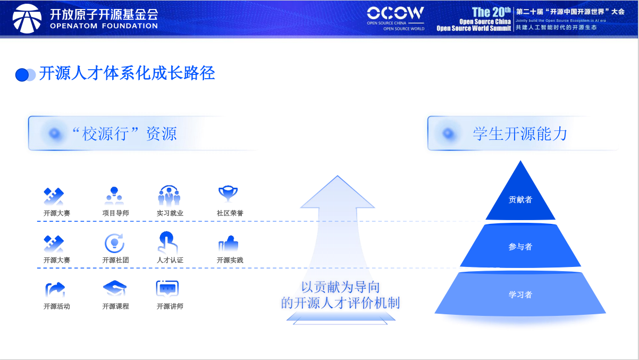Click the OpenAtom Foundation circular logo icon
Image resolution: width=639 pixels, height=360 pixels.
coord(27,19)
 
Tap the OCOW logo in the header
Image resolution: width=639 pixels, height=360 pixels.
coord(396,14)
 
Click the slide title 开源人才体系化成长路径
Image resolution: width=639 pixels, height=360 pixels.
coord(127,73)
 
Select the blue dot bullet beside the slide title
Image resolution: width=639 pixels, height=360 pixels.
coord(22,75)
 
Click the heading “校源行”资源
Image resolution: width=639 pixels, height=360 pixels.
coord(124,133)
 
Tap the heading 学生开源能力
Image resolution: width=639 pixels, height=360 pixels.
coord(519,133)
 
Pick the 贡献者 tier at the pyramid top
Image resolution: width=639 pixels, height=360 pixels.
coord(520,200)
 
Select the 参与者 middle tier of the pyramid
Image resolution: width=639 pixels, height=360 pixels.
coord(520,247)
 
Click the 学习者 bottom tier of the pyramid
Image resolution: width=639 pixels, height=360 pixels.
coord(520,295)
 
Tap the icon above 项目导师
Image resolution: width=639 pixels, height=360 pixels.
coord(114,196)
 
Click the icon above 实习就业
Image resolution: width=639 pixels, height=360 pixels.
coord(169,196)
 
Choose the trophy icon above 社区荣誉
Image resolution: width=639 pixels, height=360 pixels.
coord(228,194)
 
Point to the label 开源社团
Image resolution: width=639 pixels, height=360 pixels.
coord(115,261)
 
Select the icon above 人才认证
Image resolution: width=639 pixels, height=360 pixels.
coord(167,242)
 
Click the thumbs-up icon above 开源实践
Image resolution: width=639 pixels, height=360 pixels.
coord(228,244)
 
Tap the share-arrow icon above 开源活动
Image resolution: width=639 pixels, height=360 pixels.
coord(55,289)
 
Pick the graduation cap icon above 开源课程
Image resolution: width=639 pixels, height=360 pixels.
coord(115,289)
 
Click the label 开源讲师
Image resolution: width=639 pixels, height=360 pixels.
coord(170,306)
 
